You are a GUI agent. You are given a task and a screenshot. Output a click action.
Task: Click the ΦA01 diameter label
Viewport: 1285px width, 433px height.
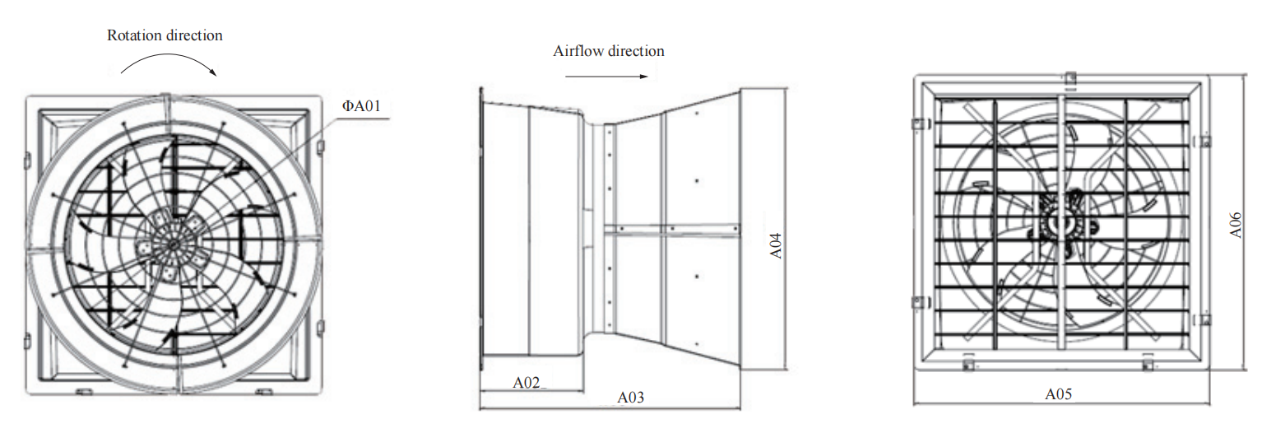click(x=361, y=106)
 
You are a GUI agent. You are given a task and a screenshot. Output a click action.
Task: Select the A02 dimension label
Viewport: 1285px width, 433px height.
click(x=526, y=383)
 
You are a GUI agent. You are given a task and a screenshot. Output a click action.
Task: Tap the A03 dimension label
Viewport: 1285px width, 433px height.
click(x=630, y=398)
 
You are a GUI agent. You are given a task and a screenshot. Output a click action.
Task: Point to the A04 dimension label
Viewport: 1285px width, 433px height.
click(x=776, y=246)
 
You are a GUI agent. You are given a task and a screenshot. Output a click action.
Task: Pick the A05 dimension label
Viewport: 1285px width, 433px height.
click(x=1059, y=394)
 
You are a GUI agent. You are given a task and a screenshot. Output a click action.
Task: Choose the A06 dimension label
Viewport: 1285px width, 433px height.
click(x=1236, y=225)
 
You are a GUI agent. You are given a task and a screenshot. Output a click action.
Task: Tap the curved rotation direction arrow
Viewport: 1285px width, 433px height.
click(x=168, y=55)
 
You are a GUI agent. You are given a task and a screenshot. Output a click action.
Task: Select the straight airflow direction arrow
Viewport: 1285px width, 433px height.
click(x=607, y=77)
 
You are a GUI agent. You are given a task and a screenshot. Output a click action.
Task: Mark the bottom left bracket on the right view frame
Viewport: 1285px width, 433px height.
click(x=967, y=364)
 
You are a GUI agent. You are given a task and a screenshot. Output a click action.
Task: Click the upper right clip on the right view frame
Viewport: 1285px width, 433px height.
click(x=1204, y=141)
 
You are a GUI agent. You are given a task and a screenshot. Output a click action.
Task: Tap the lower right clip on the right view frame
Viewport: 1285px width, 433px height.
click(x=1204, y=319)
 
